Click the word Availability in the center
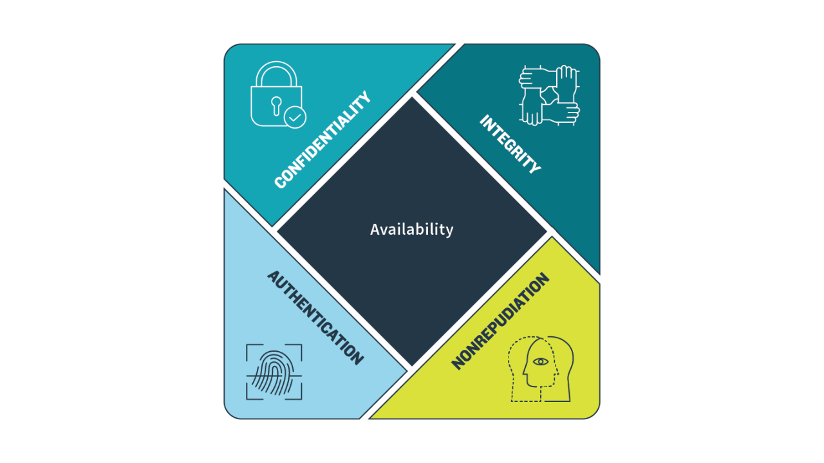pos(412,229)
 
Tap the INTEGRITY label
pos(510,145)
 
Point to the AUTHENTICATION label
pos(315,318)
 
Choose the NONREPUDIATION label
pos(501,322)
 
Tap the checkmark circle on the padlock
pos(295,118)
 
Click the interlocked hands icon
pos(549,95)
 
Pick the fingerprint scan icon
pos(274,372)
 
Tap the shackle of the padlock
pos(276,73)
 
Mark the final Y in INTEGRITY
pos(534,168)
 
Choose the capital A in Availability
pos(375,230)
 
